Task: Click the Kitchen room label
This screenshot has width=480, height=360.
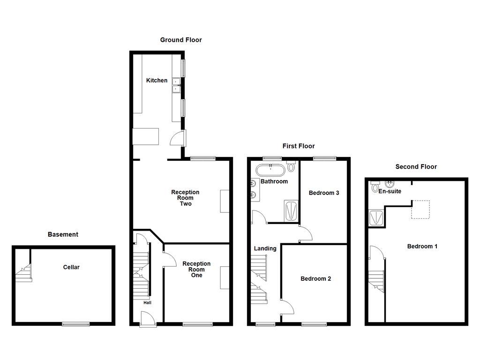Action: pyautogui.click(x=157, y=81)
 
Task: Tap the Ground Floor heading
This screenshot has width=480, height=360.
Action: pyautogui.click(x=181, y=40)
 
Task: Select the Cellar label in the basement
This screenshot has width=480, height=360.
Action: pyautogui.click(x=71, y=267)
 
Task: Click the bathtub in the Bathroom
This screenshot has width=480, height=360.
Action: pyautogui.click(x=270, y=169)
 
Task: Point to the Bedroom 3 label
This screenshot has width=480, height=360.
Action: pyautogui.click(x=323, y=193)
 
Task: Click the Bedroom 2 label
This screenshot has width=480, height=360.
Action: pyautogui.click(x=315, y=278)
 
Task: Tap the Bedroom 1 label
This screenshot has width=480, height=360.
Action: pyautogui.click(x=422, y=246)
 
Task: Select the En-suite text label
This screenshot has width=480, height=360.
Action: pyautogui.click(x=390, y=191)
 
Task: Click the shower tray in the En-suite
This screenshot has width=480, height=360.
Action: pyautogui.click(x=376, y=217)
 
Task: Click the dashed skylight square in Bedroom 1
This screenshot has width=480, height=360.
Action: pyautogui.click(x=420, y=210)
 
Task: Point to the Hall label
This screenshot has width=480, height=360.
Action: pyautogui.click(x=147, y=303)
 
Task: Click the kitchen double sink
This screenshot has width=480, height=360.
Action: pyautogui.click(x=177, y=85)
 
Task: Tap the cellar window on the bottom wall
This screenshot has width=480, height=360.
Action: pyautogui.click(x=76, y=323)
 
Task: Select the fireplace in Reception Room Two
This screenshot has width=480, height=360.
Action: pyautogui.click(x=225, y=201)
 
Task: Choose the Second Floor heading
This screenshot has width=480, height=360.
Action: pyautogui.click(x=416, y=166)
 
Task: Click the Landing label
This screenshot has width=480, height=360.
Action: pyautogui.click(x=265, y=248)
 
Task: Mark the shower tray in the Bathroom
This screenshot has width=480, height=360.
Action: pyautogui.click(x=291, y=210)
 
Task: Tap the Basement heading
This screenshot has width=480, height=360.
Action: pyautogui.click(x=63, y=234)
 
